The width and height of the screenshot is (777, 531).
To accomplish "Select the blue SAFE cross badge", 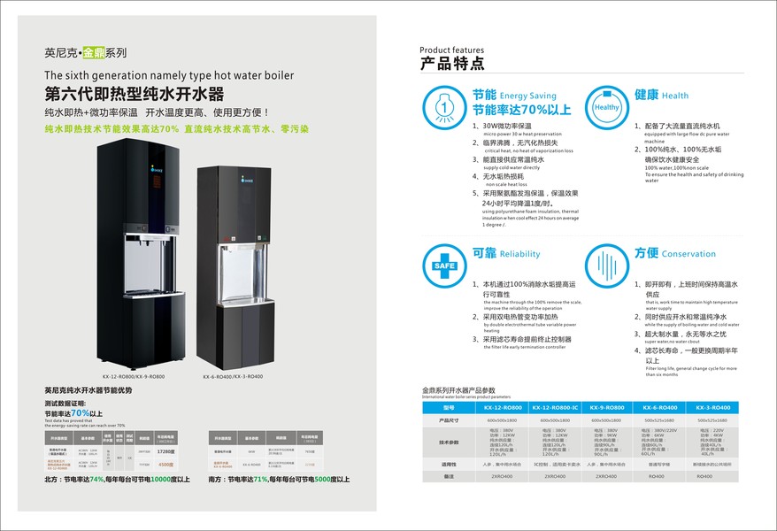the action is (x=443, y=265).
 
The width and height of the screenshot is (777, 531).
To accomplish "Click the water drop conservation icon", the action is (x=607, y=265).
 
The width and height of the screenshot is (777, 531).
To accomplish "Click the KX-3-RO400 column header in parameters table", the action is (x=712, y=406).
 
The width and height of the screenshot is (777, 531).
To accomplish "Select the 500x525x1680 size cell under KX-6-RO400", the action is (x=661, y=420).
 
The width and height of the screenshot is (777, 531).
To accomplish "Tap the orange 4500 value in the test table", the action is (x=164, y=463).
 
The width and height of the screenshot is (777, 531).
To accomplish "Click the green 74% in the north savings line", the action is (x=97, y=480).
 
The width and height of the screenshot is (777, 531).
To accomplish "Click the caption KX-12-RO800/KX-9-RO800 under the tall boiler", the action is (x=133, y=374).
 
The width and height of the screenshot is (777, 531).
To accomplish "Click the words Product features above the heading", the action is (x=451, y=50).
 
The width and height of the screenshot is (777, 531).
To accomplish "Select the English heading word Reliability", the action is (x=519, y=254).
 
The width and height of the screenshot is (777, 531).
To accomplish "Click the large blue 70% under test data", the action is (x=80, y=412).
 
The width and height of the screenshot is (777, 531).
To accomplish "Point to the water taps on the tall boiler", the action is (x=143, y=251).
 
